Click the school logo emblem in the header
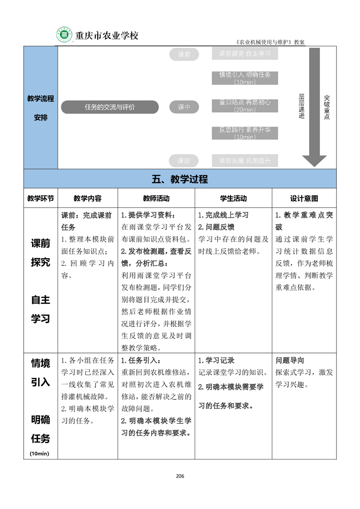pyautogui.click(x=64, y=35)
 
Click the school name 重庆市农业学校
pyautogui.click(x=107, y=35)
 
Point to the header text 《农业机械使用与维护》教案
pyautogui.click(x=271, y=42)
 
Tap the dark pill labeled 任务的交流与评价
pyautogui.click(x=110, y=107)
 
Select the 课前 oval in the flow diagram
pyautogui.click(x=184, y=55)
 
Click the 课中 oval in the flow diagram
pyautogui.click(x=184, y=107)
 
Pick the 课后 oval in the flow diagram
pyautogui.click(x=184, y=161)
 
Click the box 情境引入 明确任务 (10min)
pyautogui.click(x=245, y=78)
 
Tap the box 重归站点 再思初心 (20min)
pyautogui.click(x=245, y=105)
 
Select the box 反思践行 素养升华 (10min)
pyautogui.click(x=245, y=133)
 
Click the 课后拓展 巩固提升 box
pyautogui.click(x=245, y=161)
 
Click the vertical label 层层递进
pyautogui.click(x=301, y=107)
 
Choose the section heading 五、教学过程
pyautogui.click(x=180, y=179)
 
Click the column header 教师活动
pyautogui.click(x=156, y=198)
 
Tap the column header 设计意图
pyautogui.click(x=304, y=198)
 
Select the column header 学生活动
pyautogui.click(x=233, y=198)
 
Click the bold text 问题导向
pyautogui.click(x=290, y=361)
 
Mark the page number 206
pyautogui.click(x=180, y=476)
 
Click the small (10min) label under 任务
pyautogui.click(x=40, y=453)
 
